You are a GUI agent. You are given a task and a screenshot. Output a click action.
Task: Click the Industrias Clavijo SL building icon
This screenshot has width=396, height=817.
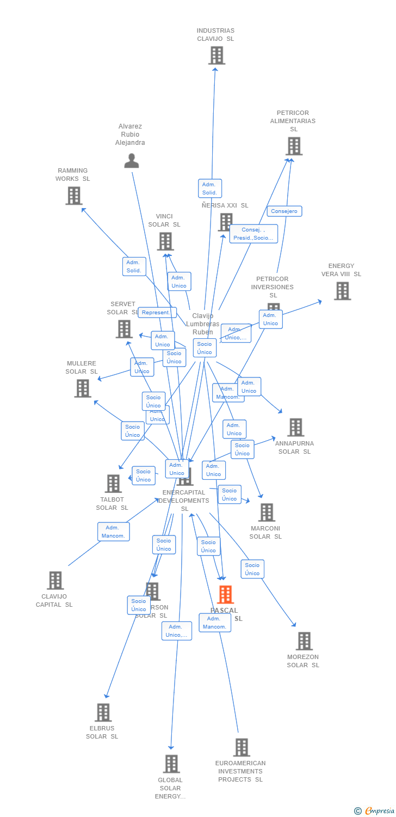coord(216,56)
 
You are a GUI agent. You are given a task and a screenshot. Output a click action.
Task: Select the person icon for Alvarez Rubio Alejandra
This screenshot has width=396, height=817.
coord(132,161)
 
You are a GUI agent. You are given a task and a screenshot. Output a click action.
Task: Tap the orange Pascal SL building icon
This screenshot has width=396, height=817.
coord(225,595)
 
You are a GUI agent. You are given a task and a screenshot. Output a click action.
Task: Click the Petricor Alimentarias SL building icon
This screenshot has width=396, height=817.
coord(294,146)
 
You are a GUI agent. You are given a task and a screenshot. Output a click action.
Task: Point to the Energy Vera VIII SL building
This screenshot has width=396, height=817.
coord(342,291)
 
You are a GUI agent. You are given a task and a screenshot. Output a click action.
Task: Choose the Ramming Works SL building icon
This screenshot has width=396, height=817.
coord(74,196)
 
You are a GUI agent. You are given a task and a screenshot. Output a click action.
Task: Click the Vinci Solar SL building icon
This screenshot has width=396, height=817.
coord(165,241)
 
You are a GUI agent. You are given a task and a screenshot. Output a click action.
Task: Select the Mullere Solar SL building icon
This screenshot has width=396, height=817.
coord(83,388)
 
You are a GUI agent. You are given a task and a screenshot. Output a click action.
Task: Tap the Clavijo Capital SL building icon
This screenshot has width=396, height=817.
coord(55,581)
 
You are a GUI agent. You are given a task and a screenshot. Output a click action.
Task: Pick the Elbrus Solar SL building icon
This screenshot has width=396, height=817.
coord(103,712)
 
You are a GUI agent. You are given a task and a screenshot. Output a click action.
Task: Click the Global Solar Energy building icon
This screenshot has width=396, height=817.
coord(171,764)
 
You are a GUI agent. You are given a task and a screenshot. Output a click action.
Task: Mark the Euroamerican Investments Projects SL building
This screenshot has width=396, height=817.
coord(242,747)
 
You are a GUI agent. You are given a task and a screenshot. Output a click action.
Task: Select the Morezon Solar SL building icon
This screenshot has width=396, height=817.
coord(304,641)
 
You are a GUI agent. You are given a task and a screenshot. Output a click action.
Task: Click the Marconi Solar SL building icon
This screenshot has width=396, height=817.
coord(267,513)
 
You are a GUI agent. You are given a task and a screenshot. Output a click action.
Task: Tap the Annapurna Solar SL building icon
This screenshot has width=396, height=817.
coord(296,428)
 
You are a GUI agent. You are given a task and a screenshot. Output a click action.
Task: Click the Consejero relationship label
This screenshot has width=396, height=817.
coord(284,211)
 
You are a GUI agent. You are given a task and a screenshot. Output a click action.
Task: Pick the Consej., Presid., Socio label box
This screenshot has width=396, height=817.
coord(253,234)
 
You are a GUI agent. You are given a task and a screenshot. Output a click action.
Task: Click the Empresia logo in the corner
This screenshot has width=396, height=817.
coord(375,811)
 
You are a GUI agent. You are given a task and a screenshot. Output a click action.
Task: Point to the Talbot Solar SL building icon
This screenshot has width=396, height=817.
coord(113,484)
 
